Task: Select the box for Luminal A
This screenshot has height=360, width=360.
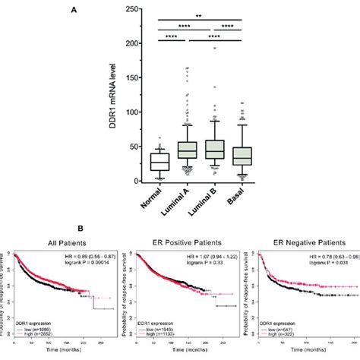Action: pos(186,150)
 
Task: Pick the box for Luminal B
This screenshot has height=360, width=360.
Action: pos(216,149)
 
